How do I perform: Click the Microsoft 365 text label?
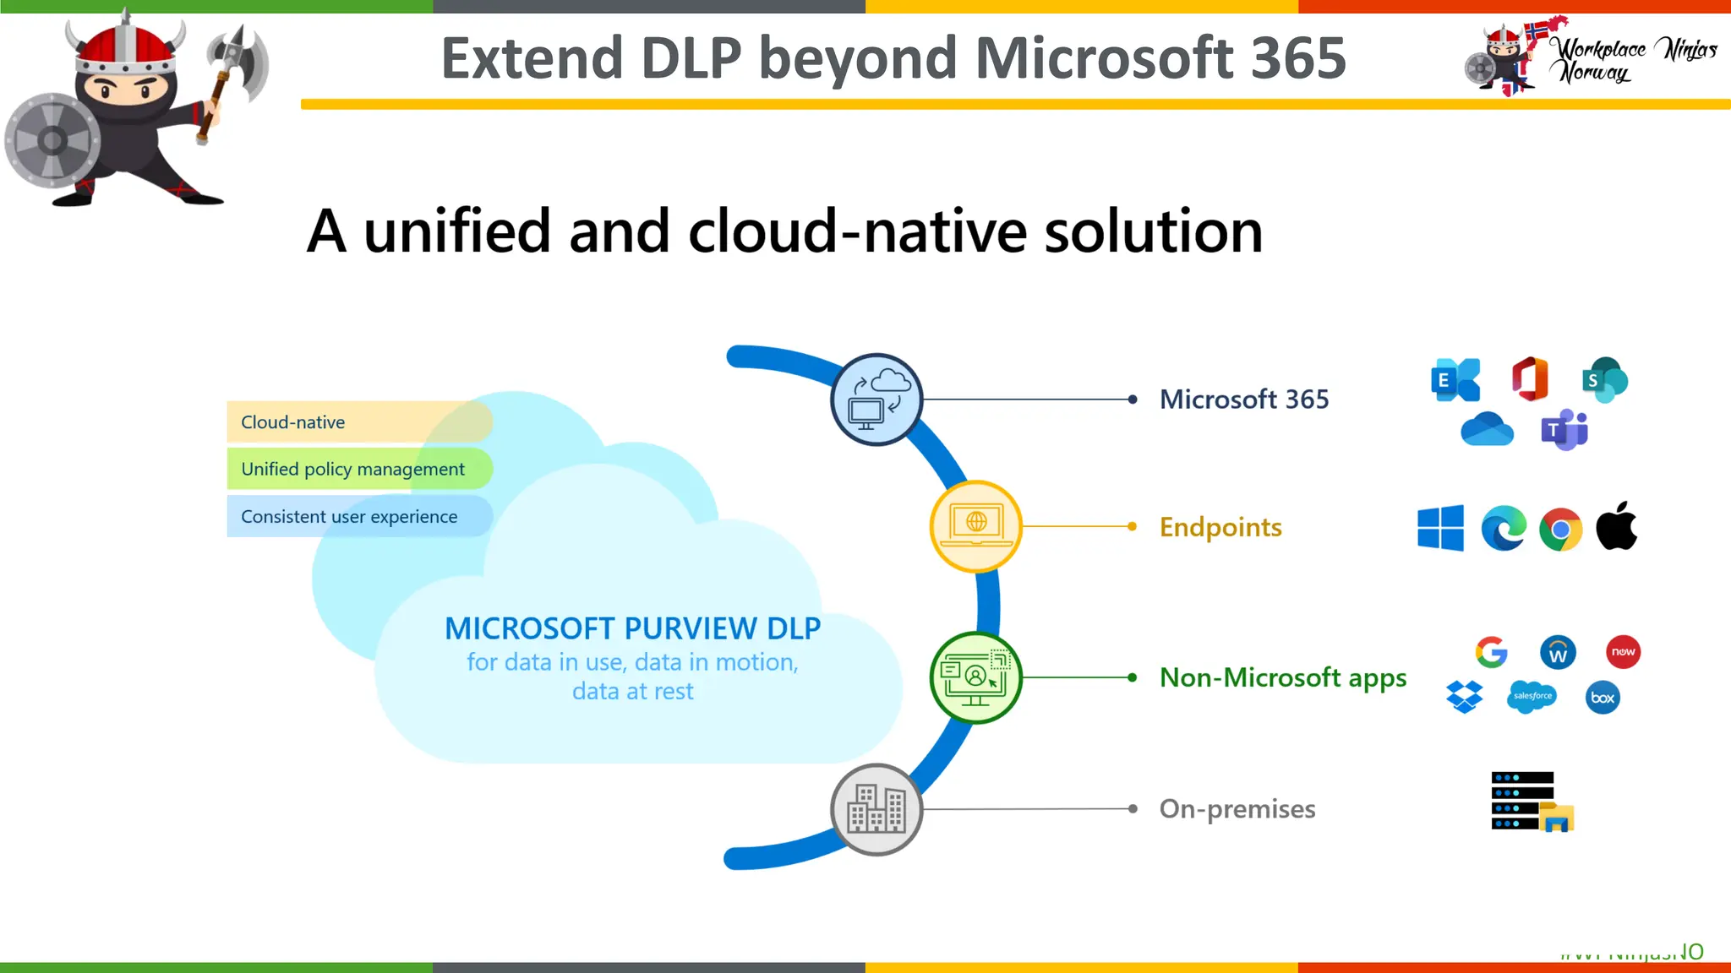[1243, 399]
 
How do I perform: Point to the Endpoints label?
[1220, 527]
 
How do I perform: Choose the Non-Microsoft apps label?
[1282, 677]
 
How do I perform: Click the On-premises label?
[1237, 809]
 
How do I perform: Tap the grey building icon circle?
[876, 809]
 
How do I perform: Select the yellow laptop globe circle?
[975, 526]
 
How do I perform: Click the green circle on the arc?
[975, 677]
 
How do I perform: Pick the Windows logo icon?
[1440, 529]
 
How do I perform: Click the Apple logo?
[1616, 526]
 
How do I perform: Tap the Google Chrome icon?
[1560, 530]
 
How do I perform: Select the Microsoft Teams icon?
[1564, 430]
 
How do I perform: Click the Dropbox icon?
[1464, 697]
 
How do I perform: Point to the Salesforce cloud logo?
[1532, 696]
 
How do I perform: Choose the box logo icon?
[1603, 698]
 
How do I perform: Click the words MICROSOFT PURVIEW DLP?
[632, 628]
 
